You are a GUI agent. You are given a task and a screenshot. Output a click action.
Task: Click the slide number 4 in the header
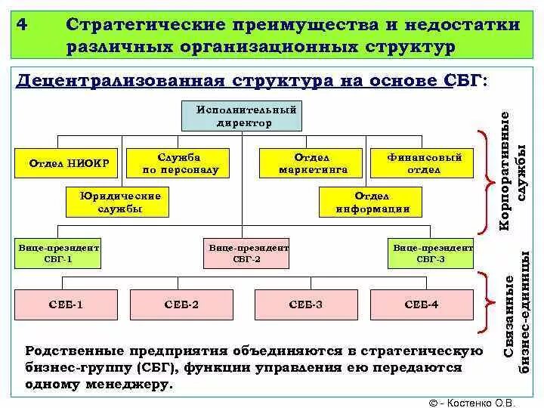(24, 25)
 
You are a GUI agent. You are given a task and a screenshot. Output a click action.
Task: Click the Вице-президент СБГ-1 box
(57, 254)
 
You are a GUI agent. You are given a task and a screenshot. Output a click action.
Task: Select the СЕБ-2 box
(181, 304)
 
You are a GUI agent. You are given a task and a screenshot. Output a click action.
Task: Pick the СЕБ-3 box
(306, 304)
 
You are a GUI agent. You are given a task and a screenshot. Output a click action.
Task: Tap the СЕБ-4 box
(422, 304)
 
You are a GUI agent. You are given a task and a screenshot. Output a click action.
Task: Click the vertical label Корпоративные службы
(513, 171)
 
